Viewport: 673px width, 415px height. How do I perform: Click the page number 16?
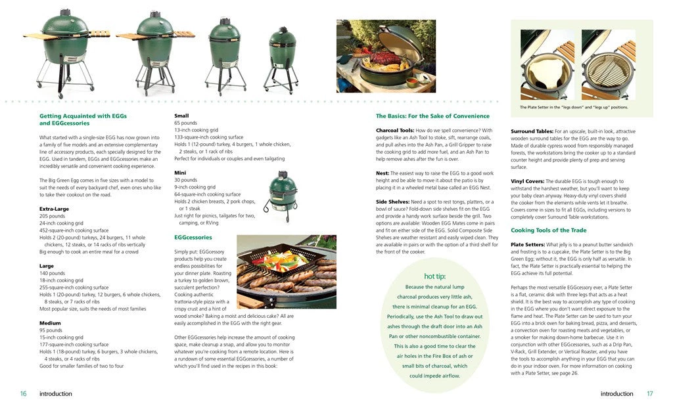[x=23, y=394]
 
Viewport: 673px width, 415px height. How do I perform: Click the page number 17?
[x=649, y=394]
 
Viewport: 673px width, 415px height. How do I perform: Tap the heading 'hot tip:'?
[x=434, y=276]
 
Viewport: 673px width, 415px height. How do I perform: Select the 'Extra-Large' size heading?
[x=55, y=209]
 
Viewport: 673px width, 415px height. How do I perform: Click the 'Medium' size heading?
[x=50, y=322]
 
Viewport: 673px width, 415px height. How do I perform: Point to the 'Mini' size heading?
[x=180, y=173]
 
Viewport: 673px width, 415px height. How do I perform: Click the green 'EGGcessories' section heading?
[x=193, y=236]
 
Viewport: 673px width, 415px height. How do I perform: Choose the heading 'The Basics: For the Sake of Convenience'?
[x=432, y=116]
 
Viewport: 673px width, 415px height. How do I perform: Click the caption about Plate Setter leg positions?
[x=574, y=107]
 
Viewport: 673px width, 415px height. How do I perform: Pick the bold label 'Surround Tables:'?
[x=533, y=131]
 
